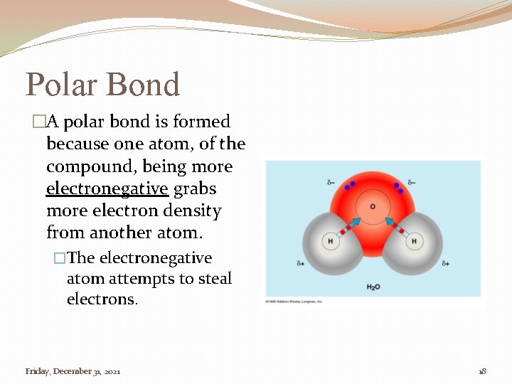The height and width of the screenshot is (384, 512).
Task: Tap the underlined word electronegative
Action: point(107,189)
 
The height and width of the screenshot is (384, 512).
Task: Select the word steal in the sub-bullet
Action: point(215,278)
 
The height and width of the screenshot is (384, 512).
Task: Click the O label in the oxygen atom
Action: point(372,207)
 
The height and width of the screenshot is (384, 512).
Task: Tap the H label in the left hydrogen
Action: point(330,242)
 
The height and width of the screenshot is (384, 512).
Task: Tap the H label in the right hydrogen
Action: point(415,242)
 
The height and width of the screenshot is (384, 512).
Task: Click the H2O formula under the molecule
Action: point(373,287)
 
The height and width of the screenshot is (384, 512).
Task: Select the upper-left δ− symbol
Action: point(331,183)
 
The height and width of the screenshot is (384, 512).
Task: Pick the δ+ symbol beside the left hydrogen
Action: point(301,263)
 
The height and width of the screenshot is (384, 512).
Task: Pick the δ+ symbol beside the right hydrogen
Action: point(445,263)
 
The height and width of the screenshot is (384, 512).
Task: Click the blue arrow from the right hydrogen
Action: point(390,223)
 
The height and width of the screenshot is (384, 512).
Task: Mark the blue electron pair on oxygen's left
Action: point(349,186)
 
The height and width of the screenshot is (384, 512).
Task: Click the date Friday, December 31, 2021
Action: point(73,371)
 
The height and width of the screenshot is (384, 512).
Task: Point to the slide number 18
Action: point(482,371)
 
